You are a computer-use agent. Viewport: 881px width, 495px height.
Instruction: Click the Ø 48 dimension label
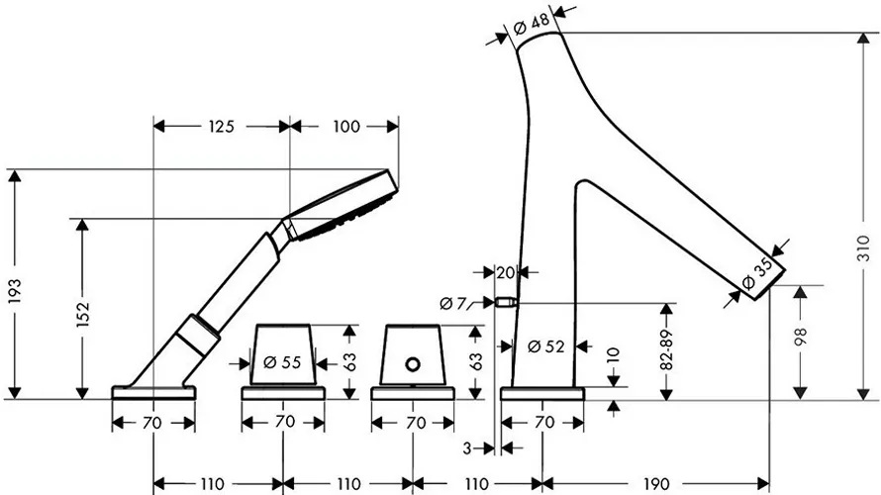click(x=532, y=24)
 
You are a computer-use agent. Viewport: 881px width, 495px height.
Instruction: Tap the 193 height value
click(x=14, y=292)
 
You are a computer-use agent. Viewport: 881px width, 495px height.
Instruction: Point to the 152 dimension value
click(x=82, y=314)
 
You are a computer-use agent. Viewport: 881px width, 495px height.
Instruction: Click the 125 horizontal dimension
click(x=221, y=127)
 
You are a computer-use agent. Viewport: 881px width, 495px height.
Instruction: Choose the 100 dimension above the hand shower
click(x=346, y=127)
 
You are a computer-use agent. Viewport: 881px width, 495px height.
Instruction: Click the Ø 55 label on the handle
click(x=283, y=362)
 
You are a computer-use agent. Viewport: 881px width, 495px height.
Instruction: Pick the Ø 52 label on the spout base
click(x=546, y=346)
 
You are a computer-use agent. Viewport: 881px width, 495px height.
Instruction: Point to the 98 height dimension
click(x=800, y=337)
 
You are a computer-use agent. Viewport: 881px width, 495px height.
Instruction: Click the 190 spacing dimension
click(x=655, y=484)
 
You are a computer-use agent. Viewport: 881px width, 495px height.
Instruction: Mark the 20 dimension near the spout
click(x=506, y=273)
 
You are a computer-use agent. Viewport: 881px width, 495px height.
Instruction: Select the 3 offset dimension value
click(x=467, y=448)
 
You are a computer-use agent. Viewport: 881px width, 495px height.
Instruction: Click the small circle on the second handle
click(x=413, y=364)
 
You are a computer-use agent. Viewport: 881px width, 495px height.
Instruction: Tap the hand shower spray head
click(x=343, y=205)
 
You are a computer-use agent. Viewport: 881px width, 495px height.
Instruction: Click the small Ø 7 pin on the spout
click(x=505, y=303)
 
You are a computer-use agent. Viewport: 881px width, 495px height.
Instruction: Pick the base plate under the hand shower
click(x=154, y=393)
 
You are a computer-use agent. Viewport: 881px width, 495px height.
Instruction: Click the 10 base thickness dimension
click(x=614, y=356)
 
